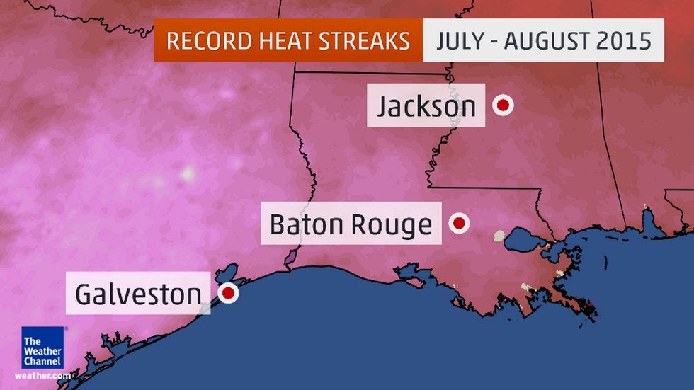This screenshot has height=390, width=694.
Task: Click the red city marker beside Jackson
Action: (504, 105)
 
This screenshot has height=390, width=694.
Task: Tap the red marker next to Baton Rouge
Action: (459, 224)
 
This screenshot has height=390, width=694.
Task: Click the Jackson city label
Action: (426, 106)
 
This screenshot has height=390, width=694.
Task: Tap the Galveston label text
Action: (138, 294)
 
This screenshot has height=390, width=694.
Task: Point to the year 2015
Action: (627, 40)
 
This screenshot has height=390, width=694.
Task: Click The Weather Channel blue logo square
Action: (42, 348)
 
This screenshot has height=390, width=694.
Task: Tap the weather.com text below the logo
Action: (42, 375)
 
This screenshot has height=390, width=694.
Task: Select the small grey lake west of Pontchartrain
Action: (500, 235)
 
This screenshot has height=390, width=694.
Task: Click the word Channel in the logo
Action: (42, 362)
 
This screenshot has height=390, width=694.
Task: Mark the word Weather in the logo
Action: (42, 352)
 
